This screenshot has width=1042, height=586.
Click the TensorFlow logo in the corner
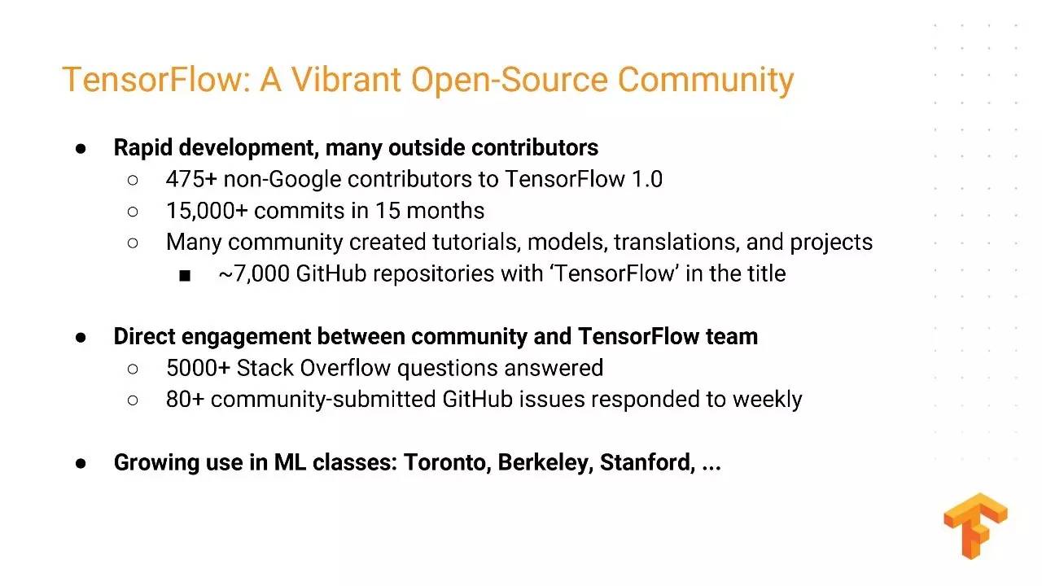975,526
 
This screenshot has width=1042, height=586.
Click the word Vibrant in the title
346,80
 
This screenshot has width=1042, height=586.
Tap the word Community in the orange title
705,81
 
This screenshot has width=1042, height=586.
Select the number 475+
191,179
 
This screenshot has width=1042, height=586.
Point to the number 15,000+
207,211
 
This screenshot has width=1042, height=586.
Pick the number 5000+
198,368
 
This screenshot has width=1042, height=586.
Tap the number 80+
185,400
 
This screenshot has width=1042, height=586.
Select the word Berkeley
545,463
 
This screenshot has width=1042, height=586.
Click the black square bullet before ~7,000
185,276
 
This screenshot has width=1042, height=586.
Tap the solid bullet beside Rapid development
81,149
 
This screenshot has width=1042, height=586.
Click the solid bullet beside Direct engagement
81,338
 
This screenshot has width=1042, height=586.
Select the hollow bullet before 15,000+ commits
133,212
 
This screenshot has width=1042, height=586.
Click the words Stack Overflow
313,368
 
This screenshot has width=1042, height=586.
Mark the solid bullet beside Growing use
81,464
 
